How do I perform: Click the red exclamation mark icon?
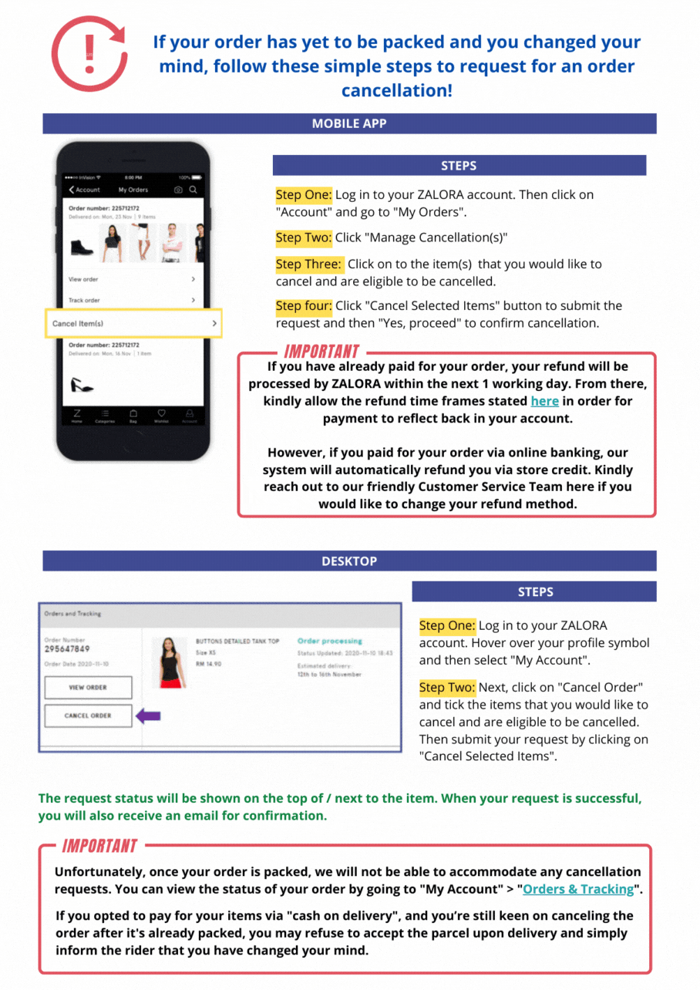[x=89, y=55]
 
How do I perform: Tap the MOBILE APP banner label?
[x=349, y=123]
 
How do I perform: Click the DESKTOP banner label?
[x=349, y=561]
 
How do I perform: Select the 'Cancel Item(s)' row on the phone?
[x=135, y=324]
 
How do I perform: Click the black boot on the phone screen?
[x=82, y=246]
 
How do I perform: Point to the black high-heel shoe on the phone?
[x=81, y=383]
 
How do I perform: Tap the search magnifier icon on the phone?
[x=194, y=190]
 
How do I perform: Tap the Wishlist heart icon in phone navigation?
[x=161, y=414]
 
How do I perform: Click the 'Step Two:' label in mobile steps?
[x=304, y=237]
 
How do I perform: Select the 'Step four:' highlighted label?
[x=304, y=306]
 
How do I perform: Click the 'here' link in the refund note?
[x=544, y=401]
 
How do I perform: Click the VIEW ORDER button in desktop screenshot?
[x=88, y=687]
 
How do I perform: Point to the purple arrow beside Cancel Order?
[x=148, y=716]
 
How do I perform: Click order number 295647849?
[x=67, y=648]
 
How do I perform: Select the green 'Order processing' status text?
[x=329, y=641]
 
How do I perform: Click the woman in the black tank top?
[x=170, y=662]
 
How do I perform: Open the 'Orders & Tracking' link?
[x=578, y=889]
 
